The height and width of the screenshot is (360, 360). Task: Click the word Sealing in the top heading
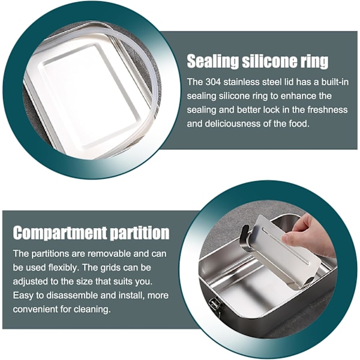click(x=213, y=62)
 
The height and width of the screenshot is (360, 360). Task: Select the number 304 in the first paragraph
click(x=213, y=82)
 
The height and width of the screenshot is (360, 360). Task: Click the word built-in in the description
click(x=335, y=82)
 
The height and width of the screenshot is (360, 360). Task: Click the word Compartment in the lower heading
click(x=59, y=233)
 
